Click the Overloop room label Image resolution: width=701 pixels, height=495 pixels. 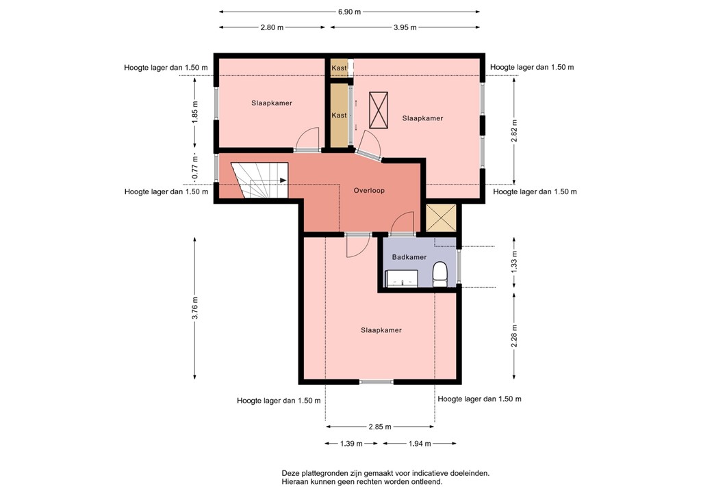pos(369,191)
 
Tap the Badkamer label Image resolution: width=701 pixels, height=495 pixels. pos(409,257)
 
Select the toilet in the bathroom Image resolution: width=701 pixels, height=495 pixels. pos(440,274)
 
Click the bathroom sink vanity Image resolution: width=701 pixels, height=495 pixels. pos(402,278)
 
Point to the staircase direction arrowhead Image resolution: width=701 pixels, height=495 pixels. pos(283,180)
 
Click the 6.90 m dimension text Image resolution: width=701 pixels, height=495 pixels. pos(350,12)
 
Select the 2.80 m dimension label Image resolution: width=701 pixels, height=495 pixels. pos(272,27)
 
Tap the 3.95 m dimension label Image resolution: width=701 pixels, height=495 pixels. pos(405,27)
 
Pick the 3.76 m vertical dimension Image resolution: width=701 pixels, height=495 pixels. pos(195,308)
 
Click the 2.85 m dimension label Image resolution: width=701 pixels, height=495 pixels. pos(380,427)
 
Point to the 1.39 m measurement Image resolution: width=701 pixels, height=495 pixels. pos(351,444)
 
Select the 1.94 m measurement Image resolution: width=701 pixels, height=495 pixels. pos(420,444)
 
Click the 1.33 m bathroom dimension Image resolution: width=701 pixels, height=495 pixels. pos(514,262)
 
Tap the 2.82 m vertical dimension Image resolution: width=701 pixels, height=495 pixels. pos(514,131)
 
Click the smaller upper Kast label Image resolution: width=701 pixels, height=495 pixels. pos(340,68)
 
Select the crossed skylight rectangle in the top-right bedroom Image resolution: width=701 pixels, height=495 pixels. pos(379,110)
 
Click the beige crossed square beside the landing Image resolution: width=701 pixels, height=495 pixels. pos(441,218)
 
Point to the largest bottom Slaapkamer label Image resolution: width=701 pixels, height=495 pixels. pos(381,330)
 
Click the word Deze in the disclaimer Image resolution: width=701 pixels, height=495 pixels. pos(290,473)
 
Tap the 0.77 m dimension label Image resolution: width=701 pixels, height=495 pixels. pos(195,168)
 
